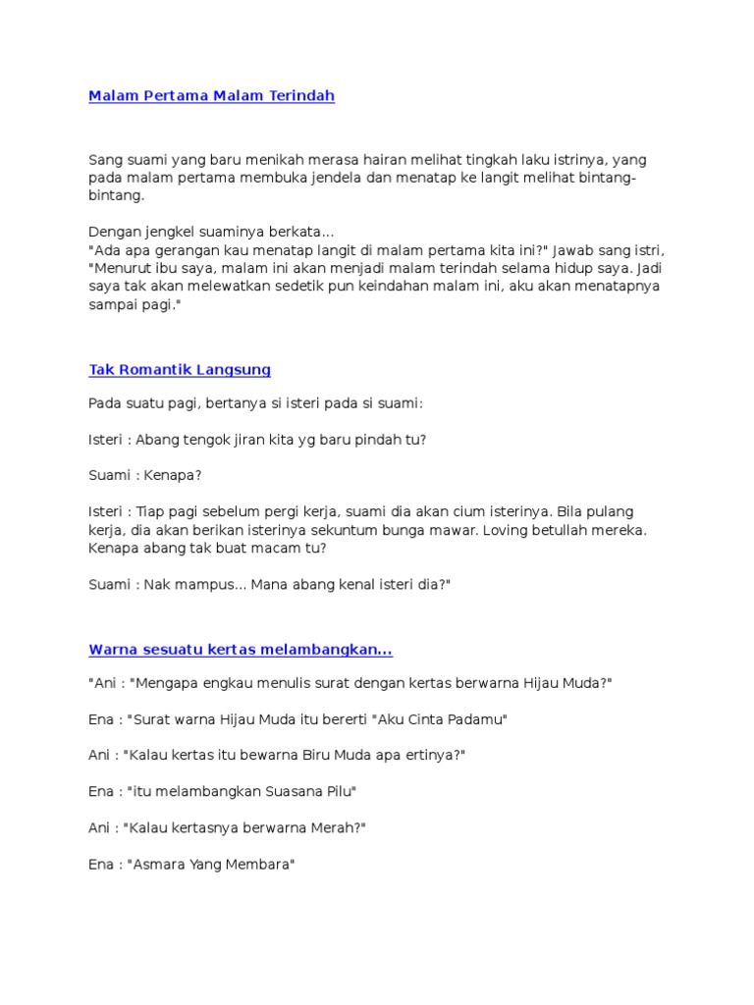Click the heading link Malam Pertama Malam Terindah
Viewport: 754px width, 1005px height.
click(x=211, y=96)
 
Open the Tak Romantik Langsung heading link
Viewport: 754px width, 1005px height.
click(x=180, y=370)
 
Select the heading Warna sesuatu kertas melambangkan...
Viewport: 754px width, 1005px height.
click(x=241, y=650)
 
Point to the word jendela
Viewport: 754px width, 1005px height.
click(x=316, y=178)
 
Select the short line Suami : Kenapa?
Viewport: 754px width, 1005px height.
click(x=145, y=475)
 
